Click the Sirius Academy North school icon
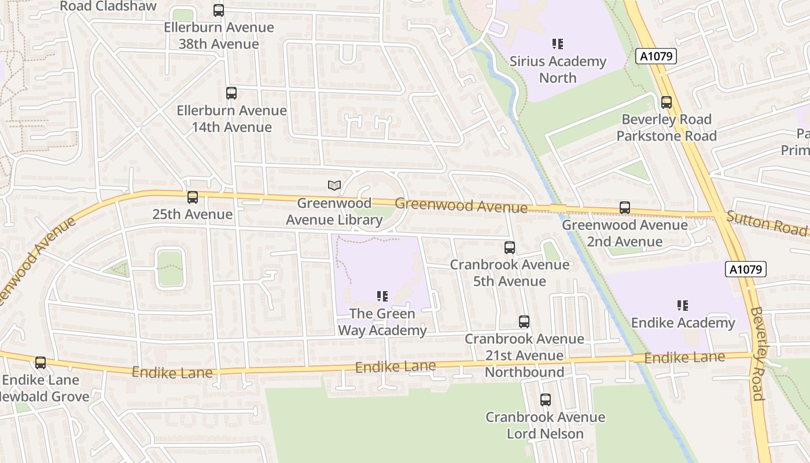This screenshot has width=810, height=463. (x=558, y=44)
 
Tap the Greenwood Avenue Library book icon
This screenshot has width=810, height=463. (x=334, y=185)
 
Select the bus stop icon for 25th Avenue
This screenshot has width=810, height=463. (x=193, y=197)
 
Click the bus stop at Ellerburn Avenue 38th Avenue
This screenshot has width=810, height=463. (x=218, y=10)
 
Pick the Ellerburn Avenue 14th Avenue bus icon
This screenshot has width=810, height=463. (x=231, y=93)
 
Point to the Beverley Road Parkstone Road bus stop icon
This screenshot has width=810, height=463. (x=667, y=102)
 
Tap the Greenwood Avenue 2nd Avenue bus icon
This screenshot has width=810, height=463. (x=624, y=208)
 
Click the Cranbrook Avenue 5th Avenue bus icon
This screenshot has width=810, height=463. (x=510, y=248)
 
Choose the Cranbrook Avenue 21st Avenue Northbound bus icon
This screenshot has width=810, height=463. (x=524, y=322)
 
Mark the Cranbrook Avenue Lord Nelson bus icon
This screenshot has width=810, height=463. (x=545, y=400)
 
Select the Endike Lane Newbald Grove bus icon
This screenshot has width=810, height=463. (x=41, y=363)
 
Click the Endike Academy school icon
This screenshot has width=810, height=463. (x=683, y=306)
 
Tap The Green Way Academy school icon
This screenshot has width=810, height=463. (x=382, y=297)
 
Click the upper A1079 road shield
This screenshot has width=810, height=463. (x=656, y=56)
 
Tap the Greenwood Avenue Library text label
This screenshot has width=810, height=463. (x=334, y=212)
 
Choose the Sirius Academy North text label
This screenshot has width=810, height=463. (x=558, y=69)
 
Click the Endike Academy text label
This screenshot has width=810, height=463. (x=683, y=323)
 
